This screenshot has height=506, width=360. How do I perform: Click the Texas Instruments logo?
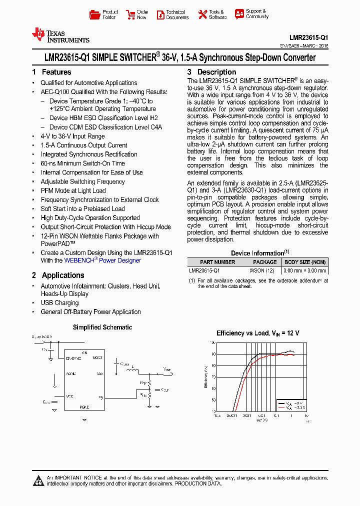[60, 35]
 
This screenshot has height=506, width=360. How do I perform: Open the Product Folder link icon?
[94, 14]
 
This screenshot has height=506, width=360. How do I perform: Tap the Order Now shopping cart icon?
[130, 14]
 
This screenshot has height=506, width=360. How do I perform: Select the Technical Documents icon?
[160, 14]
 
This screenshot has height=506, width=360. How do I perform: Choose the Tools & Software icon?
[202, 14]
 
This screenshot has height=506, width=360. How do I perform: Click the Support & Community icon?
[239, 14]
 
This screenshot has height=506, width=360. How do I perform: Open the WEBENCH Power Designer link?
[102, 260]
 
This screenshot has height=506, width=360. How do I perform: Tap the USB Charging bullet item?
[59, 303]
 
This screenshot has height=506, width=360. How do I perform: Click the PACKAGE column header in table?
[264, 262]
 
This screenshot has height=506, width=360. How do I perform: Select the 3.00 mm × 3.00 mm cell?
[305, 270]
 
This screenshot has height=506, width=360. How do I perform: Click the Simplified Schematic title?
[102, 327]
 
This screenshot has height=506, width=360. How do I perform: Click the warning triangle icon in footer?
[38, 481]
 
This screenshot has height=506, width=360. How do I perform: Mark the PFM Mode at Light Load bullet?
[73, 190]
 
